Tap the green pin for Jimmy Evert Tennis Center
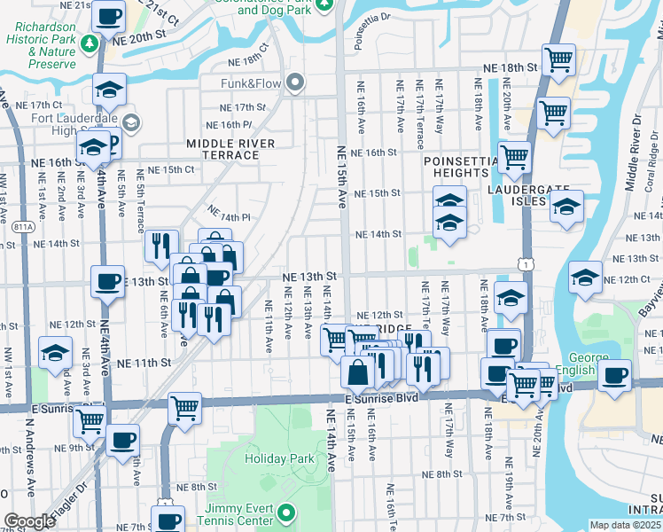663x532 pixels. coord(286,512)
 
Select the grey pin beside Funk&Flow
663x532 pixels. coord(296,83)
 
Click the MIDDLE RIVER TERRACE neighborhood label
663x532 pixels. coord(230,149)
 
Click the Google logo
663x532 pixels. coord(28,521)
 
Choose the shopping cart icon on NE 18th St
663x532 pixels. coord(558,59)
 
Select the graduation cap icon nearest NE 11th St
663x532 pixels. coord(56,354)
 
